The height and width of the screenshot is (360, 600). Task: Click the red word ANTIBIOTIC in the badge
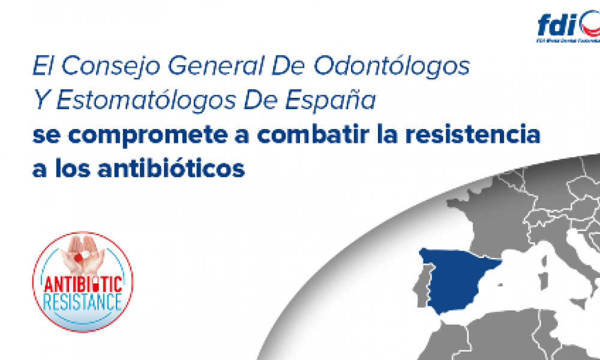click(82, 282)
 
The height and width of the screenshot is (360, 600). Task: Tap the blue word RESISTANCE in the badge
click(82, 299)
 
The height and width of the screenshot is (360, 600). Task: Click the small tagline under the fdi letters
click(567, 42)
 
